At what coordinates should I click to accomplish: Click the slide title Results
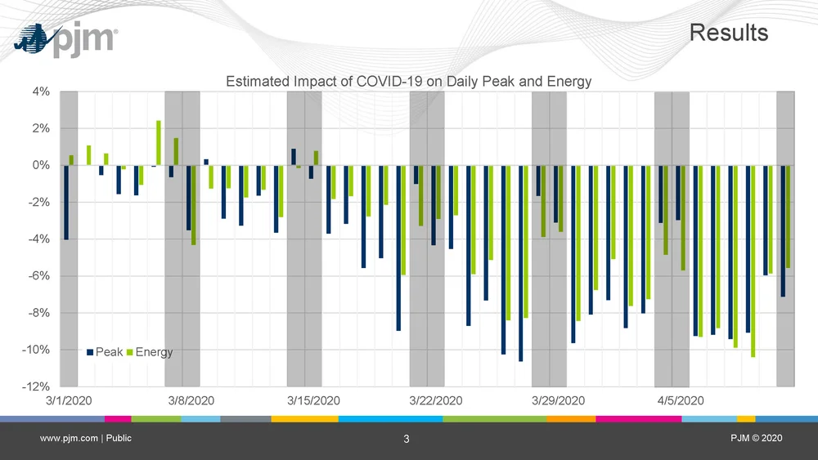pos(729,33)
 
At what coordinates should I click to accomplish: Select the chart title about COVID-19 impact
pos(408,82)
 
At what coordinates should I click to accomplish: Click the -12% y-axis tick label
pos(37,386)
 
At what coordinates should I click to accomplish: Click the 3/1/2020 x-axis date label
pos(69,400)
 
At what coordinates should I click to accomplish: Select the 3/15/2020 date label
pos(314,400)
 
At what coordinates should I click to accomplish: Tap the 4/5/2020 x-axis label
pos(681,400)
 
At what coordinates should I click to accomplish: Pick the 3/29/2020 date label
pos(559,400)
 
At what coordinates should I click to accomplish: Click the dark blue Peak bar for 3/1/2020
pos(65,202)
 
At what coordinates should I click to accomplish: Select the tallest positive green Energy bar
pos(159,143)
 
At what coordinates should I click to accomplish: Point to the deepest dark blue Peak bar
pos(520,263)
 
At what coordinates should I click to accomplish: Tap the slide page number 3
pos(407,440)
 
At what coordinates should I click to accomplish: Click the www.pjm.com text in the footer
pos(70,439)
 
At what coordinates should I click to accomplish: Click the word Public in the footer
pos(119,439)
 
